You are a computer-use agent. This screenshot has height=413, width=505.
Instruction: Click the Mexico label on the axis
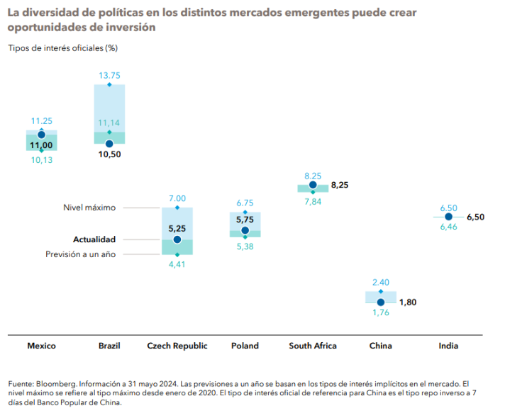[x=41, y=346]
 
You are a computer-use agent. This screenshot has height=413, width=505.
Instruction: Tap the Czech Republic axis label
[x=177, y=346]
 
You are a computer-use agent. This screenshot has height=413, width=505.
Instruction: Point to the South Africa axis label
[x=313, y=346]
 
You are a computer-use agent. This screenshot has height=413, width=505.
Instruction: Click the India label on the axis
[x=448, y=346]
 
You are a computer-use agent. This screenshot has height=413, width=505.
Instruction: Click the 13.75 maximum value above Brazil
[x=109, y=74]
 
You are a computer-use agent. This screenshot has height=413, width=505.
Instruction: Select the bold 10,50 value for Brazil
[x=109, y=154]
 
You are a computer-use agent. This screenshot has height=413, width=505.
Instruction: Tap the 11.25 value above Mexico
[x=41, y=120]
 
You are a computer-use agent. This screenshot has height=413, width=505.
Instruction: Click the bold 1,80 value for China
[x=408, y=302]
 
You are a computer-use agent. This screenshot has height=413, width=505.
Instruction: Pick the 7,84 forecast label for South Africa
[x=313, y=202]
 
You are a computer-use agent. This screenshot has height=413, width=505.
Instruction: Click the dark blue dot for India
[x=448, y=217]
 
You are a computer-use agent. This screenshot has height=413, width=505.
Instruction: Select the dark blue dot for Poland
[x=245, y=230]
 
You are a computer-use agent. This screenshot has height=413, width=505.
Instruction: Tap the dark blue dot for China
[x=381, y=302]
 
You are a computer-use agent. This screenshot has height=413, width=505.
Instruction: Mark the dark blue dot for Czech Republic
[x=177, y=239]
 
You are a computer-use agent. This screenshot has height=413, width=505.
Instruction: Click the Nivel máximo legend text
[x=90, y=208]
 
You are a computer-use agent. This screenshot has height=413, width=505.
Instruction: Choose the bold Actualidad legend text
[x=94, y=239]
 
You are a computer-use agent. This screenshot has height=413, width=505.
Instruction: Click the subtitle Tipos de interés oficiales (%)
[x=62, y=47]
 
